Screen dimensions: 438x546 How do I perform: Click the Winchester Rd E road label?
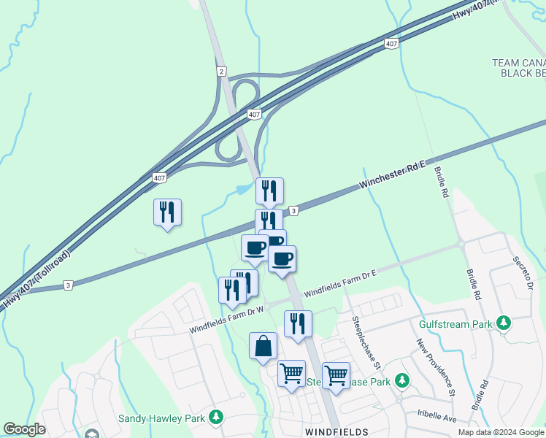tap(393, 176)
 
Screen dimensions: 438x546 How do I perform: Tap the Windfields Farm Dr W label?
tap(226, 318)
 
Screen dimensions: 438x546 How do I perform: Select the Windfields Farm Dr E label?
tap(340, 283)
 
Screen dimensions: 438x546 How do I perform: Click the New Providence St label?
tap(436, 368)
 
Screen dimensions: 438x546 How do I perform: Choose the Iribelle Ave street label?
tap(436, 419)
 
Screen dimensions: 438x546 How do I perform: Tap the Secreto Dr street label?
tap(523, 272)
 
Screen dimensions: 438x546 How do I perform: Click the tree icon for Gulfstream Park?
tap(503, 323)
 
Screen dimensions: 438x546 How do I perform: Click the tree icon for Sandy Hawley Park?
tap(215, 417)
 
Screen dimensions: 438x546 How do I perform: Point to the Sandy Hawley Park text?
tap(161, 418)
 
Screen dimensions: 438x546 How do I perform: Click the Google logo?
tap(24, 429)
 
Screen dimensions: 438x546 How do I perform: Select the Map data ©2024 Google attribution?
tap(501, 432)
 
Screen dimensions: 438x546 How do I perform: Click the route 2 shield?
tap(220, 70)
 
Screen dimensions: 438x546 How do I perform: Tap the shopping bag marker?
tap(263, 346)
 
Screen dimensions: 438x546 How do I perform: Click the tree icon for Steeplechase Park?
tap(401, 380)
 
